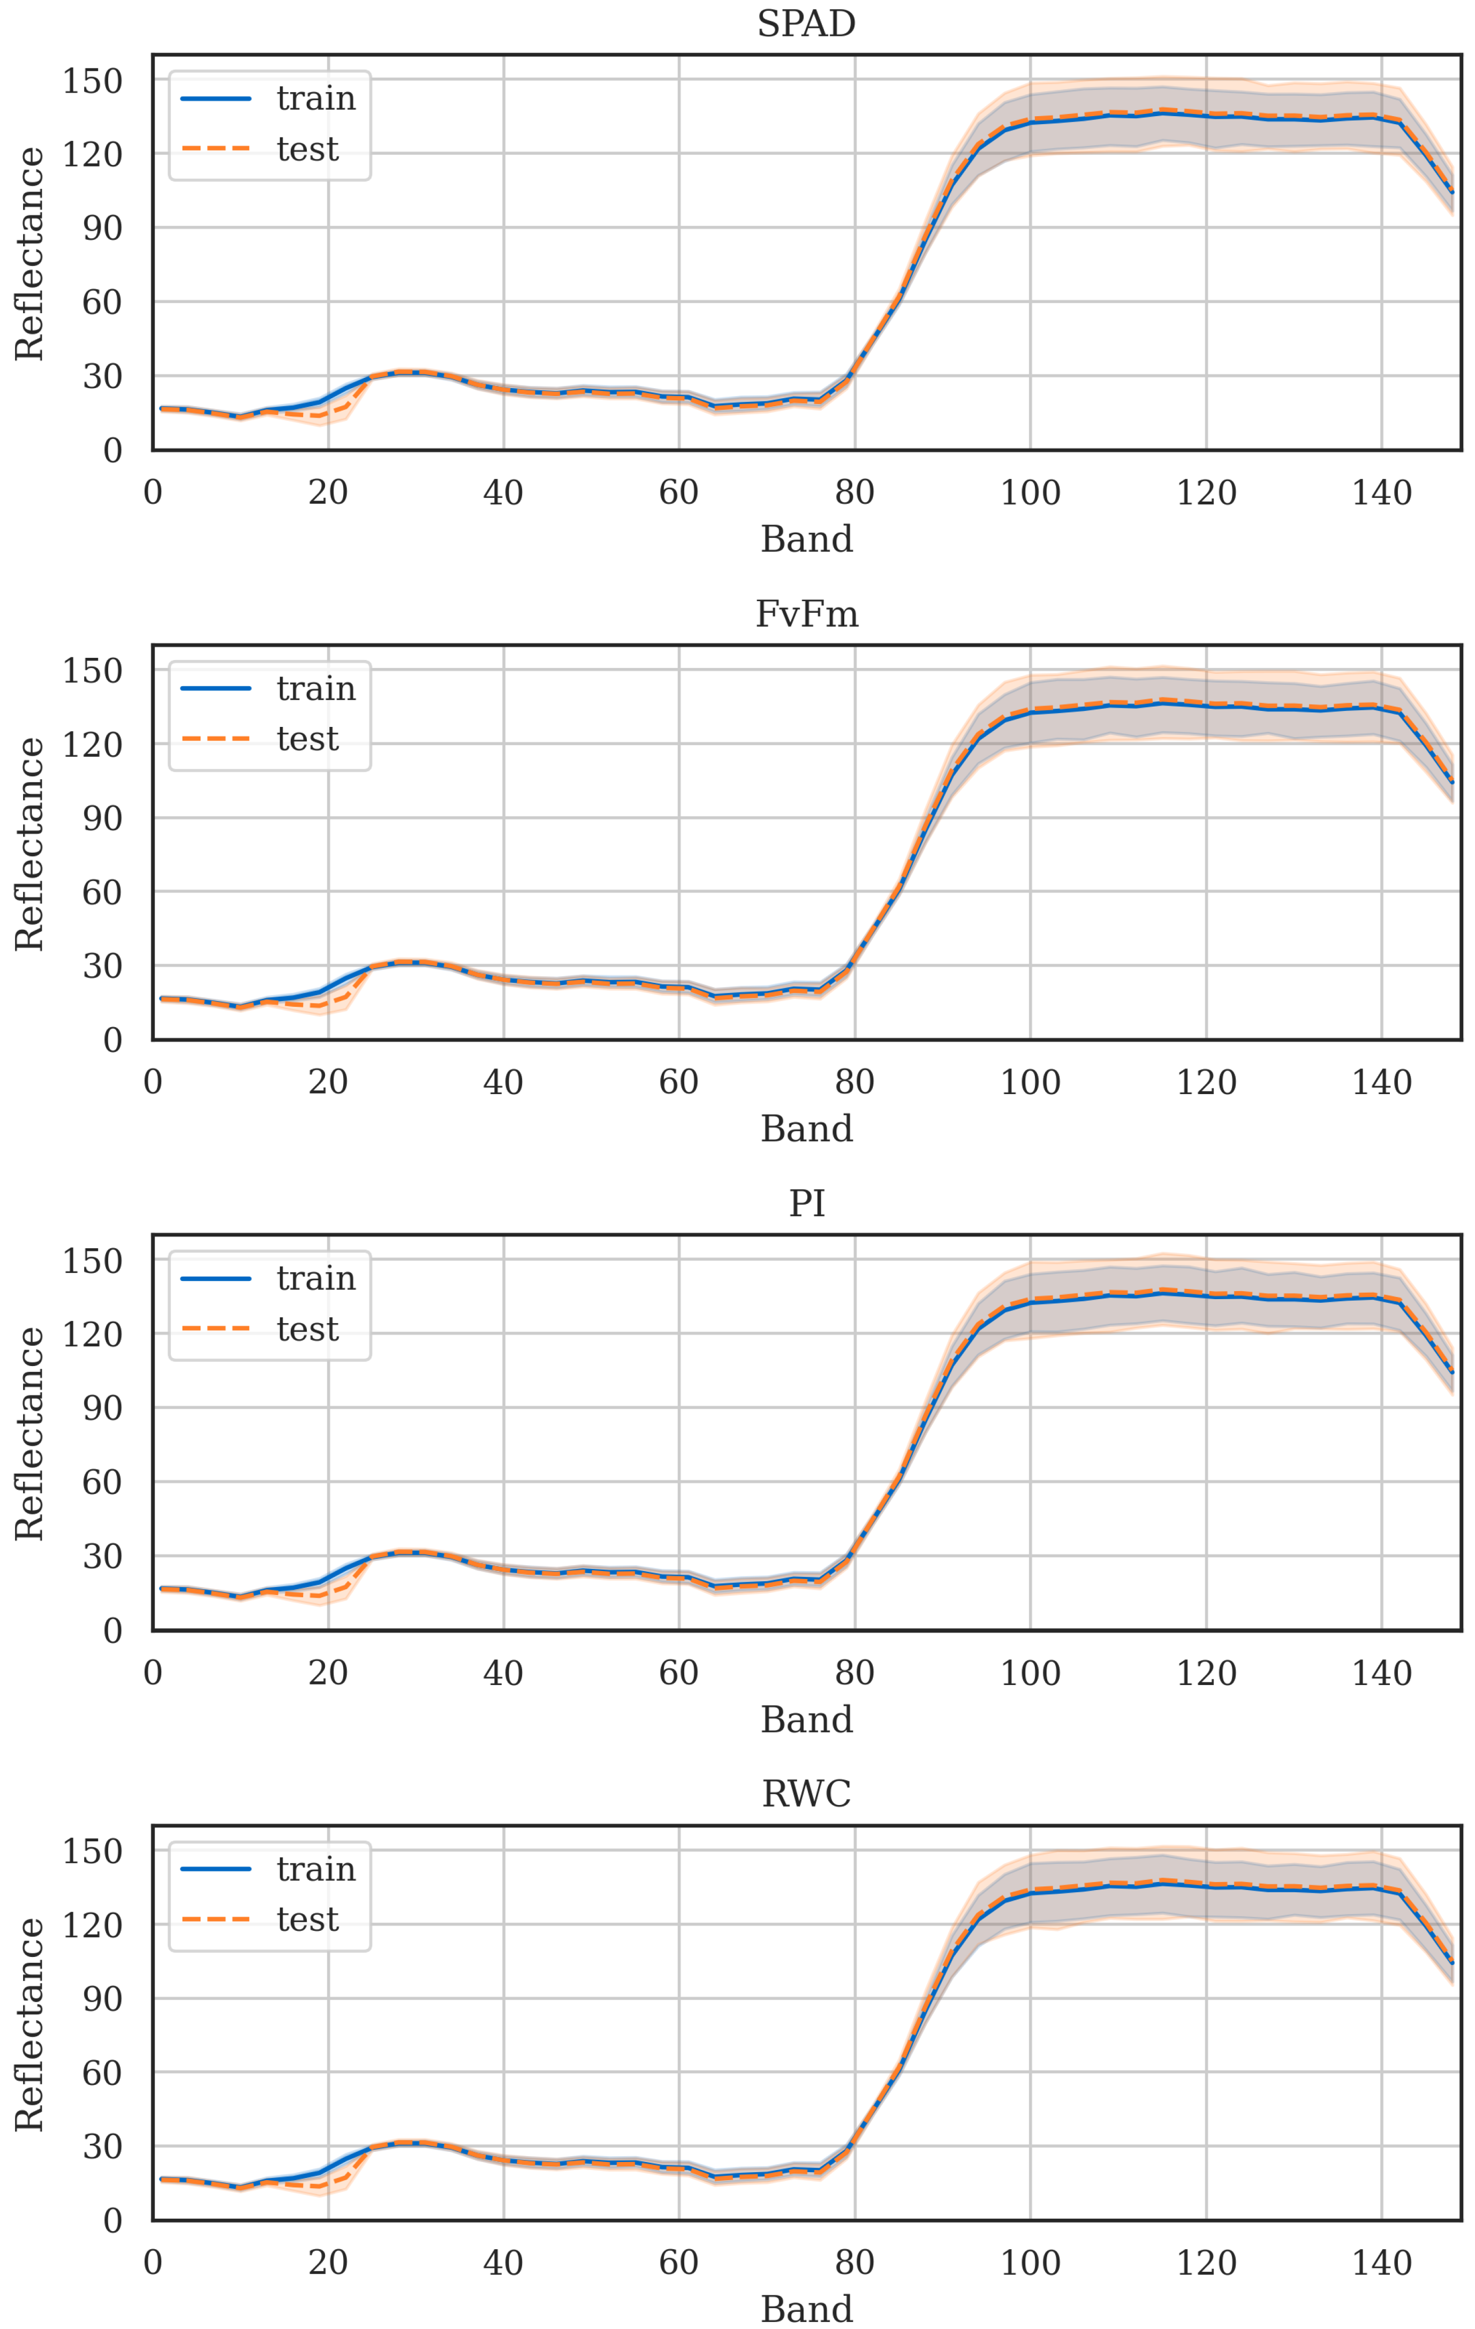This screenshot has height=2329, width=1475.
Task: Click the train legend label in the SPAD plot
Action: coord(315,98)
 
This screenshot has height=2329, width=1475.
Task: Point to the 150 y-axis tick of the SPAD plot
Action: coord(92,80)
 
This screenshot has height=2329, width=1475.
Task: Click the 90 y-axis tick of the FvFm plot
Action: coord(102,818)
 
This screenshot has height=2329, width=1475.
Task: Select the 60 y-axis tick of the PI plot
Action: coord(102,1483)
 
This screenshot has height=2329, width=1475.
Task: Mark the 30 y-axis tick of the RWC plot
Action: coord(102,2146)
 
